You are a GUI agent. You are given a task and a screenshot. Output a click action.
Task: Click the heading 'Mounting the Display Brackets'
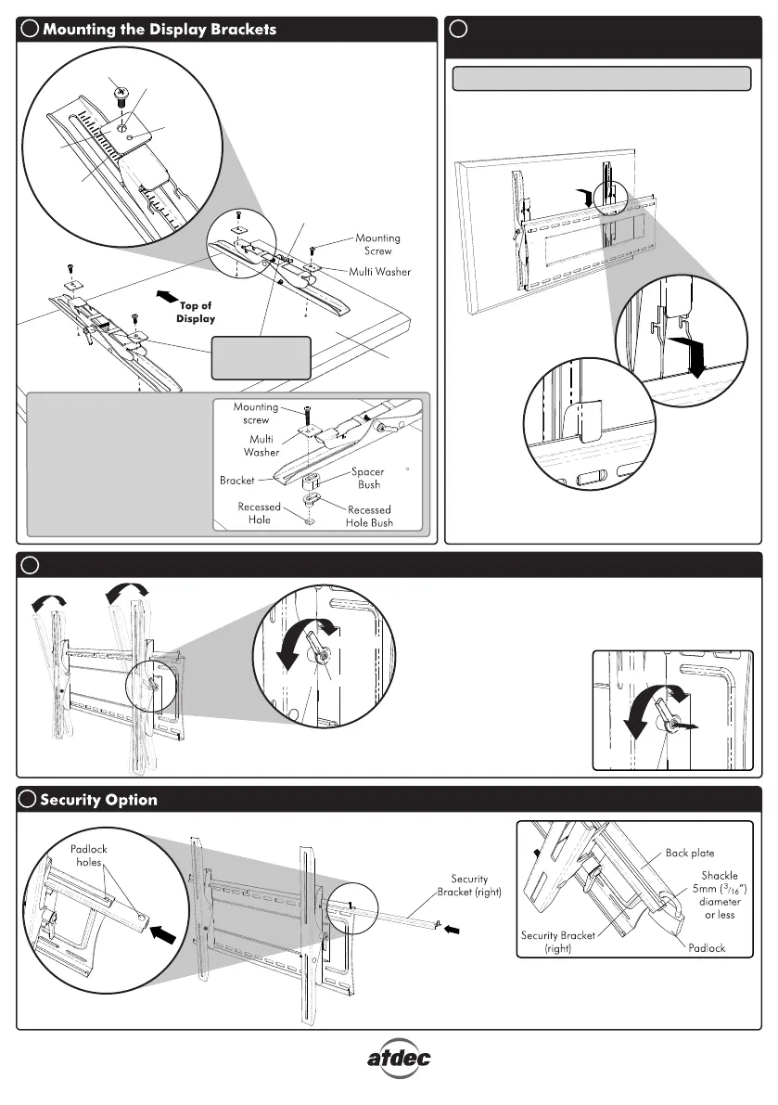coord(159,29)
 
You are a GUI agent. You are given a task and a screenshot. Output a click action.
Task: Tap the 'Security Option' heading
coord(98,800)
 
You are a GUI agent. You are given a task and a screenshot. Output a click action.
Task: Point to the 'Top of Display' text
coord(196,312)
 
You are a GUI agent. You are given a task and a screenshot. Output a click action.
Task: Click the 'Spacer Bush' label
coord(367,478)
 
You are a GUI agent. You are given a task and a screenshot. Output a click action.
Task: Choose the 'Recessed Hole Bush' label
coord(369,516)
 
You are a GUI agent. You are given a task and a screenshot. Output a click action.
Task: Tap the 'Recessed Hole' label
coord(260,513)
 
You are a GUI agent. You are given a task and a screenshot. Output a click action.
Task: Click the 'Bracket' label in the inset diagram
coord(237,481)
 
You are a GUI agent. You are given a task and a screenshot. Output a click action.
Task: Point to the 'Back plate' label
coord(690,852)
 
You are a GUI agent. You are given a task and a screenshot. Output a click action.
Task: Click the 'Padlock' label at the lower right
coord(708,949)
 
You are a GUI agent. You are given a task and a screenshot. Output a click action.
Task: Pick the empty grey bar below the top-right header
coord(601,79)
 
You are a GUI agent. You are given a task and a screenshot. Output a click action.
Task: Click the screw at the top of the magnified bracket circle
coord(121,93)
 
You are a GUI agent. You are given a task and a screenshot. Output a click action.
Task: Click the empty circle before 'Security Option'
coord(29,800)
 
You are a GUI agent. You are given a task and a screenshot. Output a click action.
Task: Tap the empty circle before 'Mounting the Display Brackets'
coord(29,29)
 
